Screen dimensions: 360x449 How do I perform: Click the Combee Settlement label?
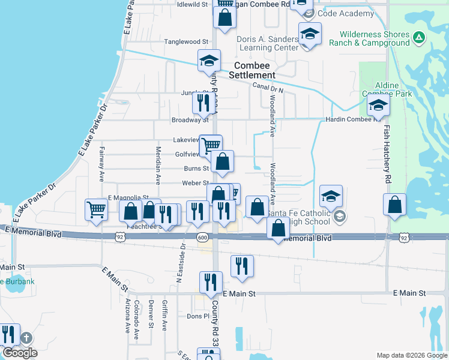tap(255, 70)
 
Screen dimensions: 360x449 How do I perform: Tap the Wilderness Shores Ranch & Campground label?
tap(375, 38)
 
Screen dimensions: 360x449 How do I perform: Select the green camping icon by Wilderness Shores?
tap(419, 38)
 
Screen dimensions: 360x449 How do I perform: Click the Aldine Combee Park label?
tap(387, 90)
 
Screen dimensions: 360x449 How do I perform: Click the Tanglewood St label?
tap(186, 41)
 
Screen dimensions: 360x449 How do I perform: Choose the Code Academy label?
tap(346, 13)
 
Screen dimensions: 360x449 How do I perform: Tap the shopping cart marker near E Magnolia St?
tap(96, 209)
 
